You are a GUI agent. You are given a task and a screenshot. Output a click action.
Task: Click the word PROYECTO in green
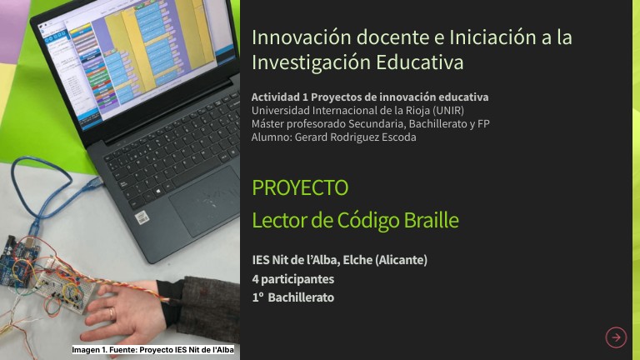click(299, 187)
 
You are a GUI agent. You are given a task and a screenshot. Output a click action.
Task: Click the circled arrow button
click(616, 337)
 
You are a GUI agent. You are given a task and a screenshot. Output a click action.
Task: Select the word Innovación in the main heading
click(294, 37)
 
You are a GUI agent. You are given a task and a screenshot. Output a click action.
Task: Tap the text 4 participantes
click(292, 279)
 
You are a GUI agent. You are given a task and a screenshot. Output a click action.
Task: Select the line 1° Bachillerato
click(292, 297)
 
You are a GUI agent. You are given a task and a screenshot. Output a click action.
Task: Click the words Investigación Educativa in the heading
click(357, 62)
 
